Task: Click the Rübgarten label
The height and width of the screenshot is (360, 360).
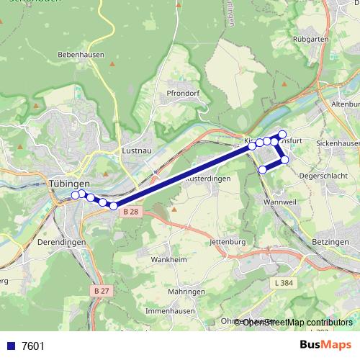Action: (x=312, y=37)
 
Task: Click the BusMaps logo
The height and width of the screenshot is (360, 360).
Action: (x=325, y=346)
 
